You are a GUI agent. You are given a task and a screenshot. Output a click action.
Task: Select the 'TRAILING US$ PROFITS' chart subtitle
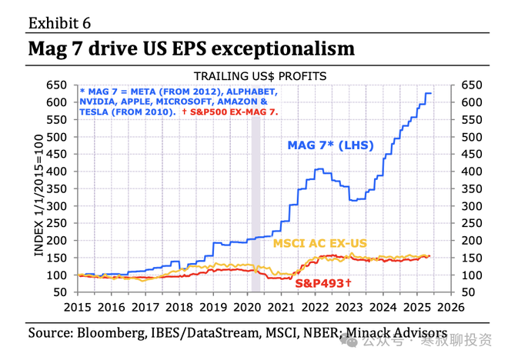(260, 76)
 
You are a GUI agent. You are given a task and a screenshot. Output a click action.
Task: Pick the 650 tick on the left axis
(58, 85)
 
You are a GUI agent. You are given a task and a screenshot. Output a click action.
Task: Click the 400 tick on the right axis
(472, 172)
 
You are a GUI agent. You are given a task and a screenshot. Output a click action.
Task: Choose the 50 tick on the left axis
(62, 292)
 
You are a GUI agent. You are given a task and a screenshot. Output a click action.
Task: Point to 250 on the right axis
(472, 223)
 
